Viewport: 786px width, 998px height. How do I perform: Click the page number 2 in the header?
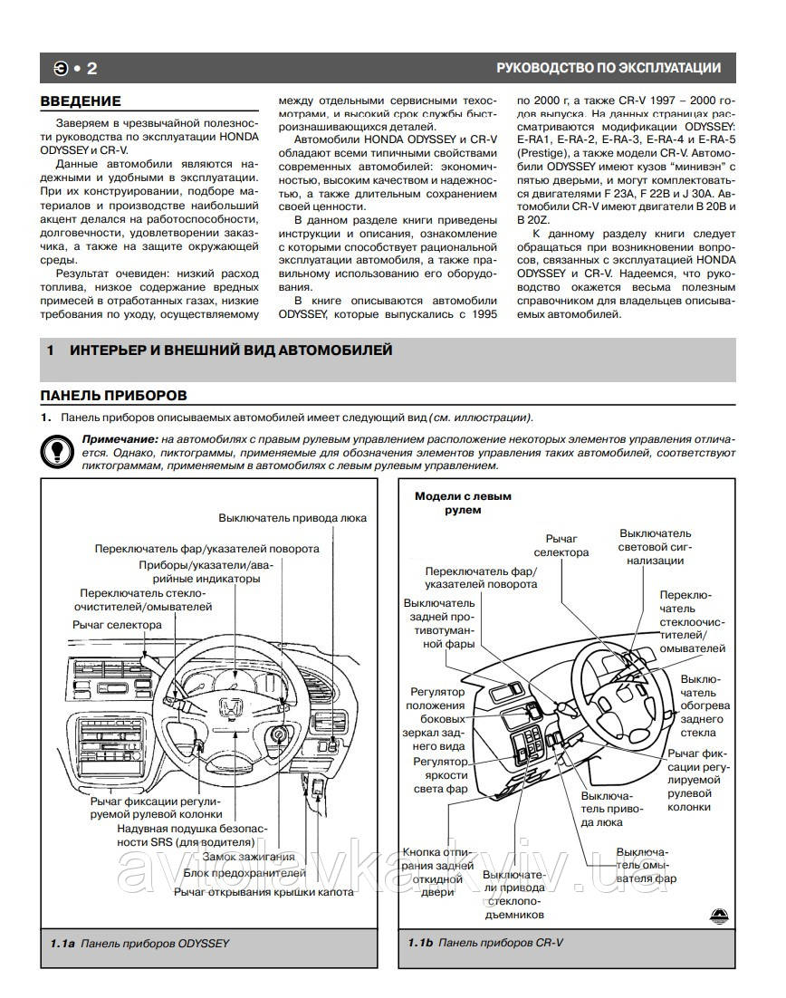click(91, 68)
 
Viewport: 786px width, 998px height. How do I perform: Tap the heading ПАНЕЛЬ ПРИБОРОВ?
click(114, 395)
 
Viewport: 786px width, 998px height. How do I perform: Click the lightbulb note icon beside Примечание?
click(56, 448)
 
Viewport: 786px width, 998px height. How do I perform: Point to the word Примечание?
click(97, 439)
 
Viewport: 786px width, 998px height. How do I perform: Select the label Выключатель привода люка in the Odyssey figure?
click(292, 518)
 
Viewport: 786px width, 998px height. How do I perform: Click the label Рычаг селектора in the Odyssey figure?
click(118, 625)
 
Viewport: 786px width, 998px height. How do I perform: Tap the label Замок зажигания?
click(248, 857)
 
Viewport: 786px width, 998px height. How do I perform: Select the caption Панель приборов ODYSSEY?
click(154, 943)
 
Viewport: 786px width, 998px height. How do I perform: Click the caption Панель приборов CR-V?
click(500, 943)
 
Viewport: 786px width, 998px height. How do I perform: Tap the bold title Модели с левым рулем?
click(463, 503)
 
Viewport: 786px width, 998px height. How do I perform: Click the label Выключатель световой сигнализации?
click(655, 547)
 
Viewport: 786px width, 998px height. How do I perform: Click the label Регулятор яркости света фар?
click(440, 775)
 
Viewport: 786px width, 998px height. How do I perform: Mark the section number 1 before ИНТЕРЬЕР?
click(52, 350)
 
